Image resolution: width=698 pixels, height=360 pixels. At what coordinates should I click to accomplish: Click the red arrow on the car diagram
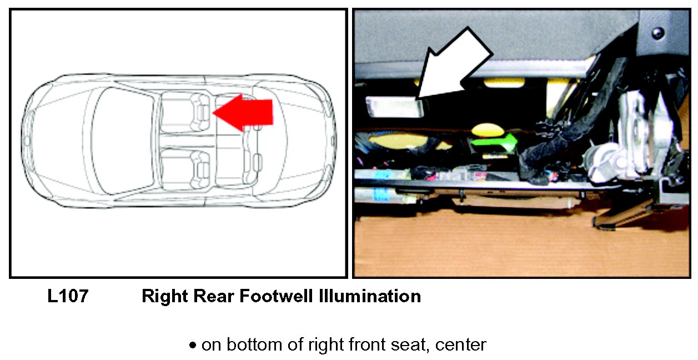[x=244, y=112]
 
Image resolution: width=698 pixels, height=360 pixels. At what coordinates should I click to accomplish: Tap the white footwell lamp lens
[x=394, y=106]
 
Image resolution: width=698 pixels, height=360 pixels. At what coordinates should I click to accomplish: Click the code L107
[x=67, y=296]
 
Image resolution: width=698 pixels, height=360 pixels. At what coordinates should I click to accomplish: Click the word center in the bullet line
[x=461, y=345]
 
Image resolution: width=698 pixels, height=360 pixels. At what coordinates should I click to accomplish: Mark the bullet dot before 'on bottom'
[x=193, y=346]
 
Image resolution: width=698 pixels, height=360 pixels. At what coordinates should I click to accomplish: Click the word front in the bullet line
[x=369, y=345]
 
